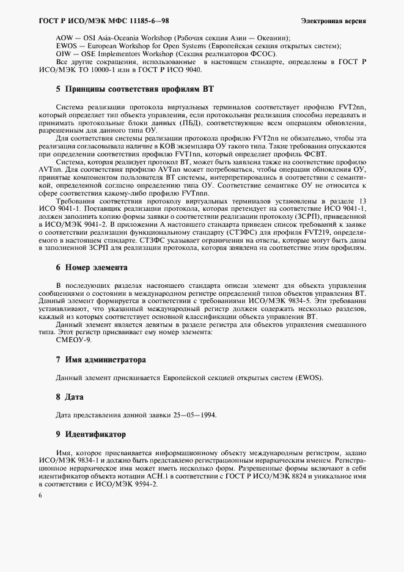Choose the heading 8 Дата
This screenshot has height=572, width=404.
[70, 397]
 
